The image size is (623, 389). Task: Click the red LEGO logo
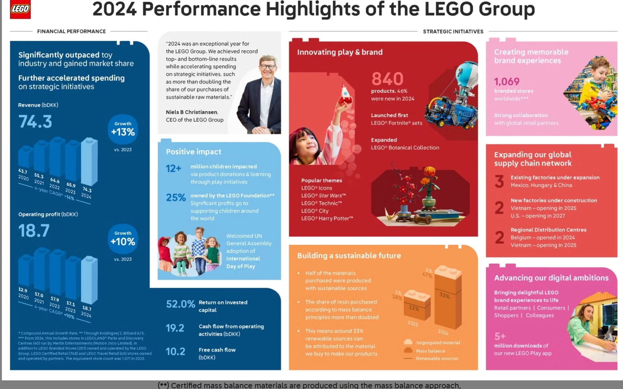click(20, 9)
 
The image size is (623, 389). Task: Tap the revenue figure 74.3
click(35, 122)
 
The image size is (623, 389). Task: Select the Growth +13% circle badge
click(123, 129)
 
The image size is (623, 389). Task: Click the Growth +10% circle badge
click(123, 239)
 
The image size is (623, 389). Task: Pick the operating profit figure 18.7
click(34, 231)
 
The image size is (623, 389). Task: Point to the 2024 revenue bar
click(89, 161)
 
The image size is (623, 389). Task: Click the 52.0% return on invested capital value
click(180, 304)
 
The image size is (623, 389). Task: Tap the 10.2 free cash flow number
click(175, 352)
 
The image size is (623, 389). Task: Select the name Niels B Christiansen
click(192, 112)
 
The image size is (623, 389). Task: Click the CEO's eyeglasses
click(268, 67)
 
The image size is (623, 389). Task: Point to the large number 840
click(387, 79)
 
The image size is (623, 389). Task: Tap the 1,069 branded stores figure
click(507, 82)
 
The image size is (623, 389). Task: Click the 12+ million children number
click(173, 169)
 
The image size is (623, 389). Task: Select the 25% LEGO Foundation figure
click(176, 197)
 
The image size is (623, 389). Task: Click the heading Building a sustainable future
click(349, 256)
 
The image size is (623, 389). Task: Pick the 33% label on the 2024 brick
click(444, 295)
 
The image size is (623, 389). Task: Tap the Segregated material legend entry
click(438, 343)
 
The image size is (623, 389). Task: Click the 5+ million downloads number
click(500, 336)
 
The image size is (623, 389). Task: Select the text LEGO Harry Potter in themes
click(327, 219)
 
